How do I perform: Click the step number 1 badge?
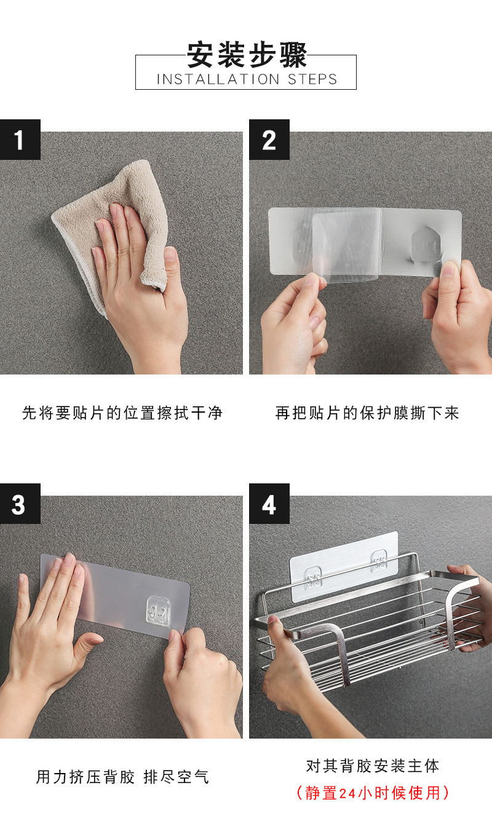20,140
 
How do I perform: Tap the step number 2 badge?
269,140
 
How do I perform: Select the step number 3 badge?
20,504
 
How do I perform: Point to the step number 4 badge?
269,504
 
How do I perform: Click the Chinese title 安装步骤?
247,55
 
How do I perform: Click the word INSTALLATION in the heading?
218,79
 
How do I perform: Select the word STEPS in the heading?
312,79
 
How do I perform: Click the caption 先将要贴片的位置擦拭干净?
122,413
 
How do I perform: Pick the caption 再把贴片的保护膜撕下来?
367,413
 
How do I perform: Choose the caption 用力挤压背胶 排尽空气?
122,777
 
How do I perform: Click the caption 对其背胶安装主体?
373,766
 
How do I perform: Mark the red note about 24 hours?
373,793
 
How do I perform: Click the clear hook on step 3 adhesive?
159,611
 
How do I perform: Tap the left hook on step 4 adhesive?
312,577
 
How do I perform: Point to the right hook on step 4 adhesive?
379,561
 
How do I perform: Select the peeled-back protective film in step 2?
346,247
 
